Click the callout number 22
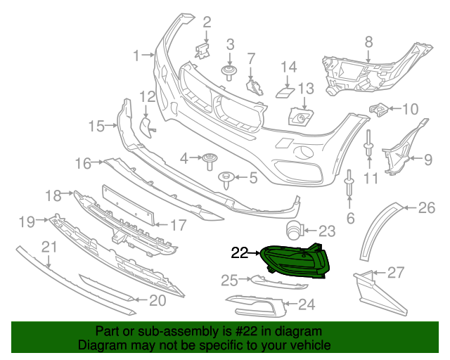[x=239, y=252]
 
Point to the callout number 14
[x=290, y=67]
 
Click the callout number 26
[x=427, y=207]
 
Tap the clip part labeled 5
[x=226, y=179]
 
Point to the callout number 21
[x=49, y=246]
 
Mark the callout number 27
[x=396, y=272]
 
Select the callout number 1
[x=138, y=53]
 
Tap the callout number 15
[x=96, y=126]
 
